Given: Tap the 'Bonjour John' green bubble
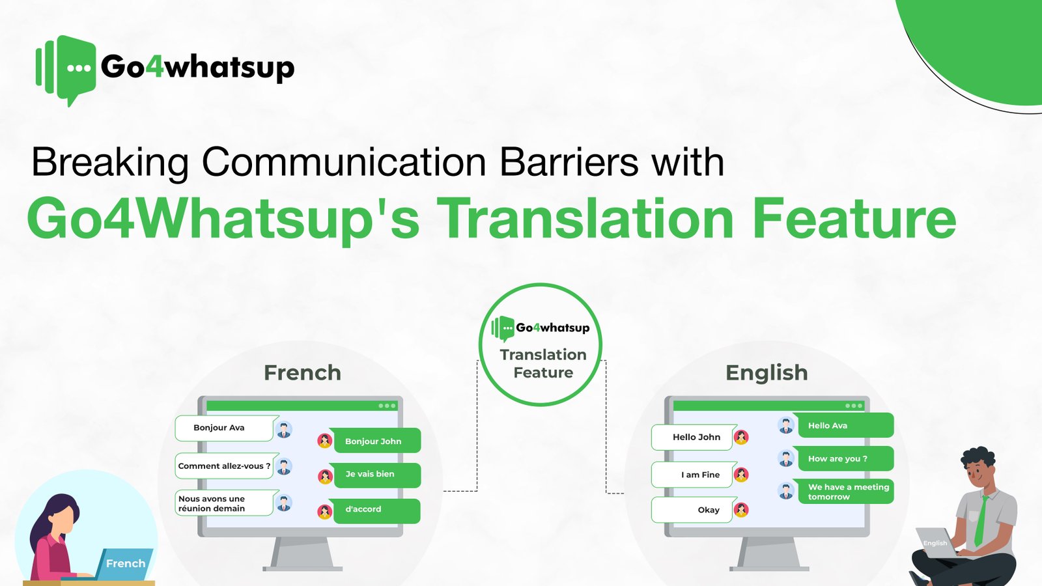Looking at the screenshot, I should tap(375, 441).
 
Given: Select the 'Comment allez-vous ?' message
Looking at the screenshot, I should tap(225, 466).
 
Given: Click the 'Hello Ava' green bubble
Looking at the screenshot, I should tap(843, 426).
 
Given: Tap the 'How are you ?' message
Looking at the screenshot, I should tap(843, 459).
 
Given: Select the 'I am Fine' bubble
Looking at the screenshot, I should tap(694, 475).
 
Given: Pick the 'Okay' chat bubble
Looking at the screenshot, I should tap(694, 510).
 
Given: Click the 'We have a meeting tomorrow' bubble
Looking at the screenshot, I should tap(845, 492).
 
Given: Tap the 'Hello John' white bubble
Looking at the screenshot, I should tap(694, 438).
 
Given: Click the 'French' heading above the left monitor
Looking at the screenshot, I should tap(302, 372).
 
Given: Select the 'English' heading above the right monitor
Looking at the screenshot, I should tap(767, 372).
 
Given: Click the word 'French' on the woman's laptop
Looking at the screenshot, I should tap(126, 564).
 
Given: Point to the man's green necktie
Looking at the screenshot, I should tap(981, 521).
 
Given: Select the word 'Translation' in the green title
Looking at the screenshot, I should tap(585, 219).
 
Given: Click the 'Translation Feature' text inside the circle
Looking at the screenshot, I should tap(543, 363).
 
